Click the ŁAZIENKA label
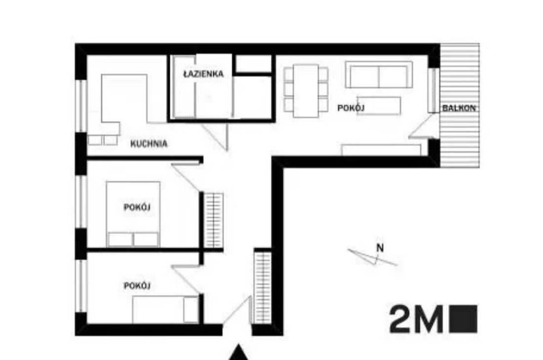point(203,75)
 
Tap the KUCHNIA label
point(149,144)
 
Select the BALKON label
point(460,108)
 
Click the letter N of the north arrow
point(380,248)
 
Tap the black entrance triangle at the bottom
point(240,353)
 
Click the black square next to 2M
point(464,319)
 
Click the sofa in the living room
point(379,75)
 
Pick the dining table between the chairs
point(306,91)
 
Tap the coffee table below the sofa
point(379,105)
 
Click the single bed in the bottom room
point(165,310)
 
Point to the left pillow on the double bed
point(120,240)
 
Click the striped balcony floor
point(460,138)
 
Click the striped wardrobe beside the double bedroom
point(214,221)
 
